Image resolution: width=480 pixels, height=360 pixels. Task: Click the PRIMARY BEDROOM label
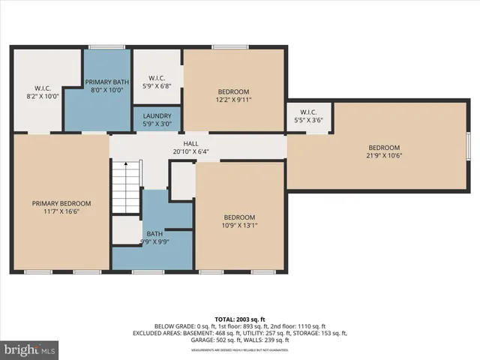(61, 203)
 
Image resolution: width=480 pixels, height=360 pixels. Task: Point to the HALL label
(190, 144)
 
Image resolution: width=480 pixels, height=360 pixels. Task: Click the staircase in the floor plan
(126, 187)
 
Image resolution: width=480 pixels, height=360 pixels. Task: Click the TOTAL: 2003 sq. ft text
(240, 319)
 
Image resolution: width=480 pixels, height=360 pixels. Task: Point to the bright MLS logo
(30, 349)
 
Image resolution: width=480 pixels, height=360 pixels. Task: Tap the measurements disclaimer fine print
(240, 349)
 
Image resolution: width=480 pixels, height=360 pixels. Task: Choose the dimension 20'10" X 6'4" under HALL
(190, 151)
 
